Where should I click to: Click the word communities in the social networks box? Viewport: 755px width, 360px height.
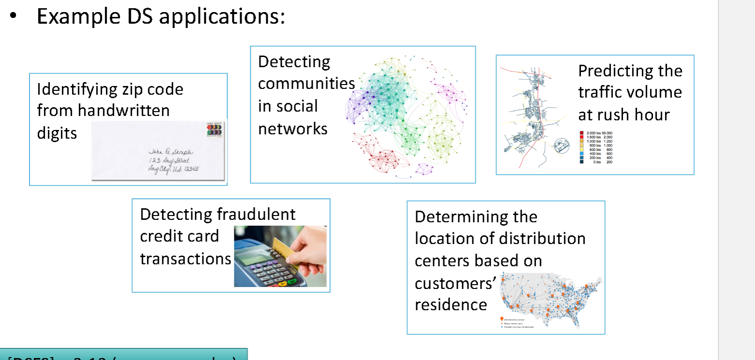pyautogui.click(x=306, y=84)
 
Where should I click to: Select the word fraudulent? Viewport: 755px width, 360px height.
pyautogui.click(x=256, y=214)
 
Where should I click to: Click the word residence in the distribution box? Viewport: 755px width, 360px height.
pyautogui.click(x=450, y=305)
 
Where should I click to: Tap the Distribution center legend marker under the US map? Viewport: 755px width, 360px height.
pyautogui.click(x=501, y=319)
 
